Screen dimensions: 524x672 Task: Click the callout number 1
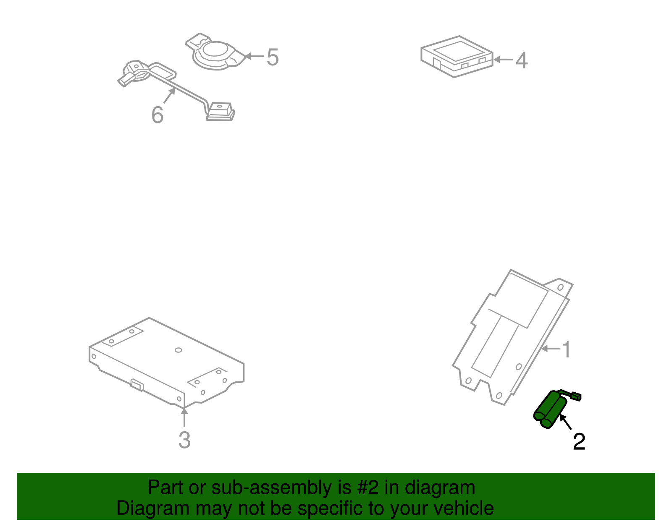[566, 349]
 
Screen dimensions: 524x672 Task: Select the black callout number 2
[579, 442]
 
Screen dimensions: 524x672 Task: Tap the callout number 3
[184, 440]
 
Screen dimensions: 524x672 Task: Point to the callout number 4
[521, 60]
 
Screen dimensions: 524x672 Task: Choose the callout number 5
[273, 57]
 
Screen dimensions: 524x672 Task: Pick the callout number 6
[157, 115]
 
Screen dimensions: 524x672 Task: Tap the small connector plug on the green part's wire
[577, 396]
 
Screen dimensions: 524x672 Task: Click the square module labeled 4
[457, 56]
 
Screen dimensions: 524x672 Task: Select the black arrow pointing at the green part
[565, 422]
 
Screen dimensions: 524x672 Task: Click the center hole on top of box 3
[178, 350]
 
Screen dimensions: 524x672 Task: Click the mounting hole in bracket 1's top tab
[560, 287]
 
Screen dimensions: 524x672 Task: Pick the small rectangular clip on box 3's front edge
[137, 384]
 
